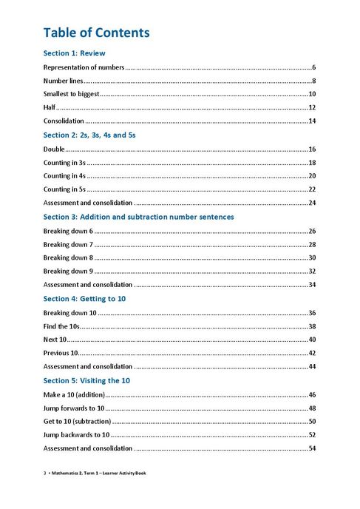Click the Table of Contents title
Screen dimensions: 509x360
97,33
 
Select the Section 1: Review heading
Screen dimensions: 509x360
74,53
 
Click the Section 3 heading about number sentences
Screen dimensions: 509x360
138,217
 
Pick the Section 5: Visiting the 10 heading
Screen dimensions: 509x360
86,380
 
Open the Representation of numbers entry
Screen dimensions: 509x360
84,67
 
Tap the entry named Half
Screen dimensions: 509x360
50,107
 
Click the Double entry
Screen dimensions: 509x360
54,149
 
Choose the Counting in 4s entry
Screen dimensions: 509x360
64,175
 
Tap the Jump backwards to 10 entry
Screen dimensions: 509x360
76,434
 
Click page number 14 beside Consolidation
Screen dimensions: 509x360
312,121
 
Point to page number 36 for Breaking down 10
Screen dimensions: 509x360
312,312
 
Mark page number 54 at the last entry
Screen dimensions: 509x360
312,448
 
